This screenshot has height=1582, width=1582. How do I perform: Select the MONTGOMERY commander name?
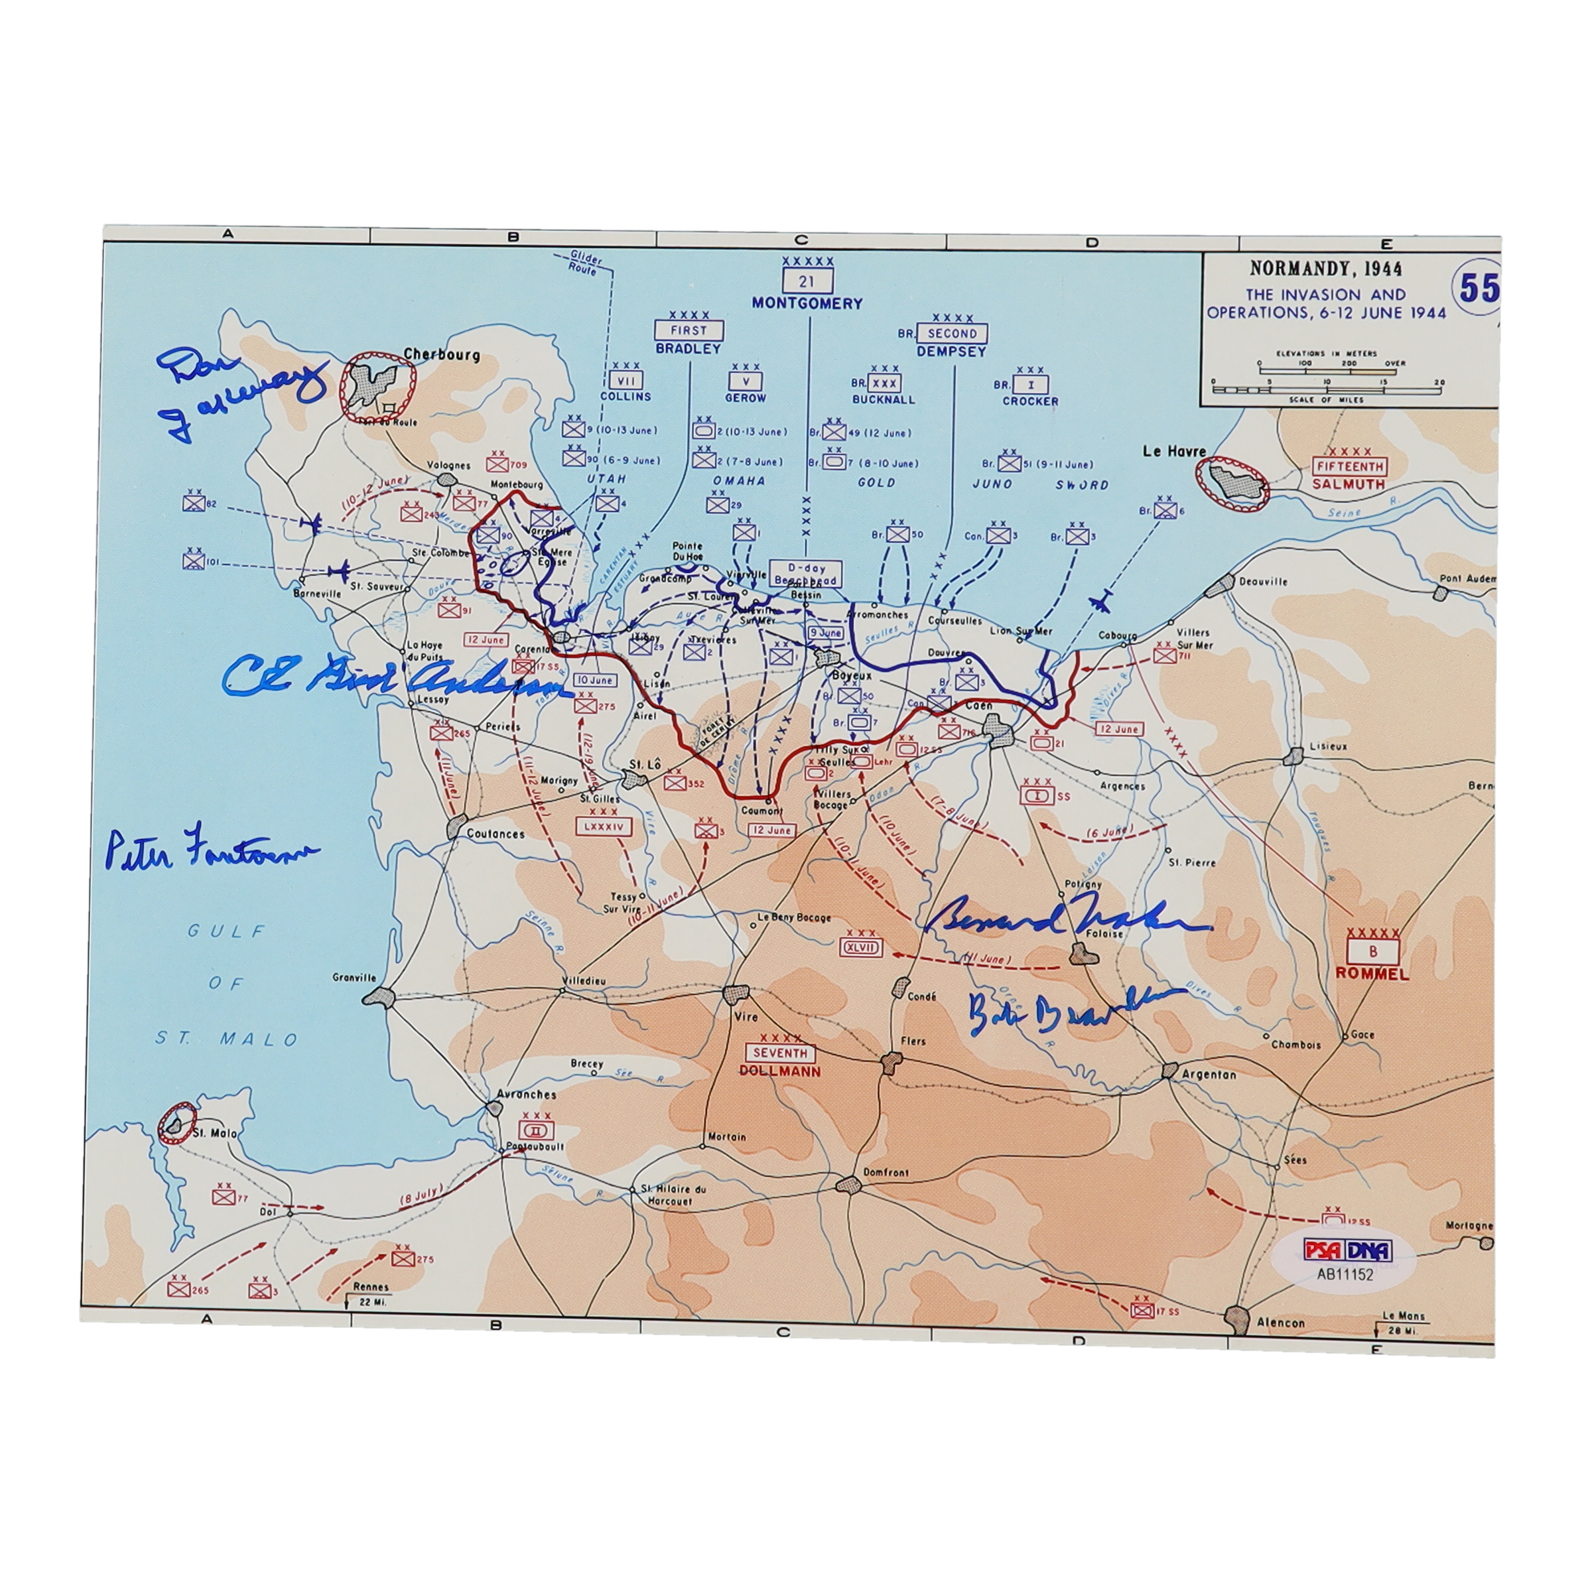coord(807,303)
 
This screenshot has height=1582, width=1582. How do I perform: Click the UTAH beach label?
coord(606,478)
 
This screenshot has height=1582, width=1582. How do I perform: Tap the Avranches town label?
coord(527,1094)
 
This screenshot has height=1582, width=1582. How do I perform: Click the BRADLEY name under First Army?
coord(688,348)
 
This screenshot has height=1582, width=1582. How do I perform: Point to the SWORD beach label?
coord(1082,485)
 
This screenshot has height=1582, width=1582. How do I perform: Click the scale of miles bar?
coord(1328,390)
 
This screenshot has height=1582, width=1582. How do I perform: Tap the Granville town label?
coord(355,978)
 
